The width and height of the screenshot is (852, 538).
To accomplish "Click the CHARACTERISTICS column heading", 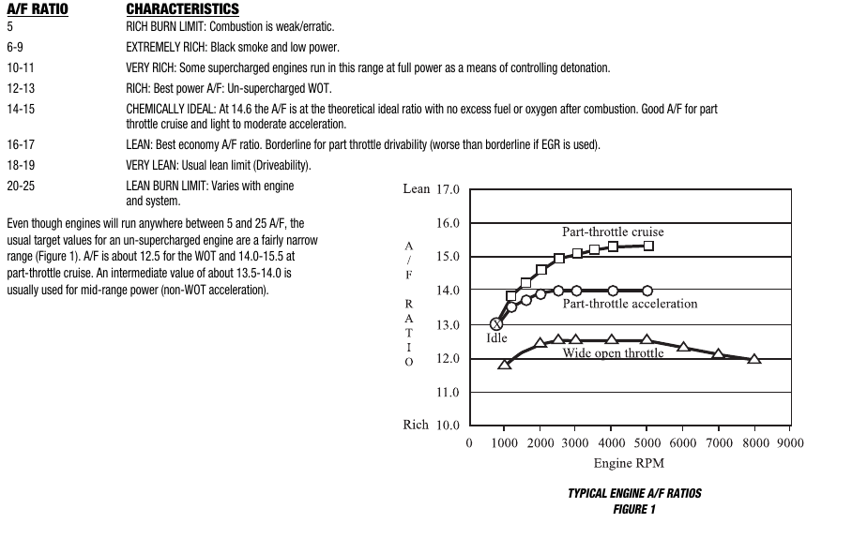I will click(182, 9).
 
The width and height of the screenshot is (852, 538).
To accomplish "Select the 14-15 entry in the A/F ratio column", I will click(21, 110).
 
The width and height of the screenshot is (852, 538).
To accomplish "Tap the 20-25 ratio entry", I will click(21, 186).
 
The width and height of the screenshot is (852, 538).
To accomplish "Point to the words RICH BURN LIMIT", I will click(161, 26).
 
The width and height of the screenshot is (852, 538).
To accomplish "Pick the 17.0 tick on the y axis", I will click(448, 189).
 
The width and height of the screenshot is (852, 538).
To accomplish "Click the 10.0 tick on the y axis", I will click(448, 426).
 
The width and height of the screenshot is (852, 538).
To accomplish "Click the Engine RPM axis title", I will click(629, 463).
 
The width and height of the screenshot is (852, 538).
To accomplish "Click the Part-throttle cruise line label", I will click(613, 232).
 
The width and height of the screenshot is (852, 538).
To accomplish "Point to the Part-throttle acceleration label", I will click(630, 304).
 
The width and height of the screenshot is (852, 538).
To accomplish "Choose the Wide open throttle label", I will click(613, 353).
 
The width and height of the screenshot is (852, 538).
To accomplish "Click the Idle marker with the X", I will click(497, 324).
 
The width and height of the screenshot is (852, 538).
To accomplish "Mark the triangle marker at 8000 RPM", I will click(754, 358).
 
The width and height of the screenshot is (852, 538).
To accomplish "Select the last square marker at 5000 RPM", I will click(647, 246).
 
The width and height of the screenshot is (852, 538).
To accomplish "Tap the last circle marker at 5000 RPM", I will click(647, 291).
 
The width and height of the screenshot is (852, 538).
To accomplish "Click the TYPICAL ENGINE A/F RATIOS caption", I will click(634, 493).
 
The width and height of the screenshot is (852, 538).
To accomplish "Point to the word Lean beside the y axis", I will click(416, 189).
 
